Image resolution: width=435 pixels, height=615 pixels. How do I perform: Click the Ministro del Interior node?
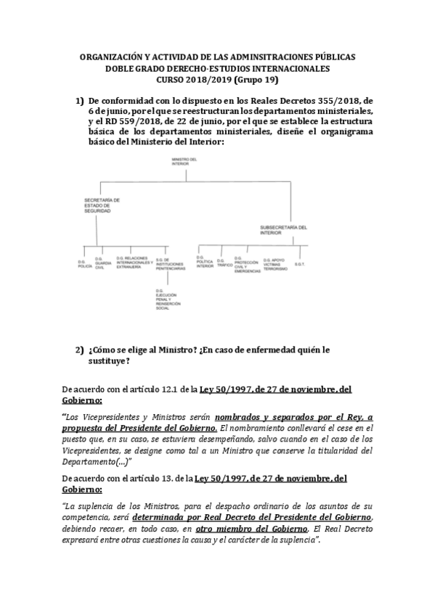click(180, 161)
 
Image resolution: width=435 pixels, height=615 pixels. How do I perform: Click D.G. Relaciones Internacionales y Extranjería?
click(137, 263)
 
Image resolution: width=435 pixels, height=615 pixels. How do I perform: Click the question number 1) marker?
click(80, 101)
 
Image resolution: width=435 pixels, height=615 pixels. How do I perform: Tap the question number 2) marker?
click(80, 350)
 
